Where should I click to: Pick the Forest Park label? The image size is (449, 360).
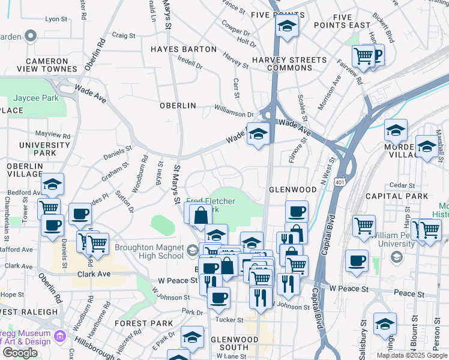coord(135,323)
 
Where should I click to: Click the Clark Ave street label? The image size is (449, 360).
coord(94,274)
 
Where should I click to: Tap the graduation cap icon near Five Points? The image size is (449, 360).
coord(287,25)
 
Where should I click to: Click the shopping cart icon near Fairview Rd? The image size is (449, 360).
coord(363,56)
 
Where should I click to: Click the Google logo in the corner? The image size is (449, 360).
coord(20,353)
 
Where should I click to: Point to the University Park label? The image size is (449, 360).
coord(44,149)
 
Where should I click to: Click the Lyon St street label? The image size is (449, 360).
coord(56,19)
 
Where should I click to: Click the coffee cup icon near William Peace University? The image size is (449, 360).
coord(357,260)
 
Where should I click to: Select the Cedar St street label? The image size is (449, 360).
coord(402,185)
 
